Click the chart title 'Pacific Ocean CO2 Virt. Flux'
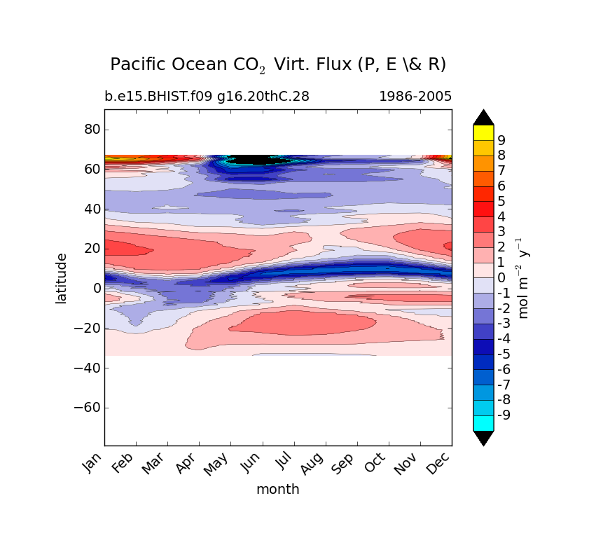(278, 64)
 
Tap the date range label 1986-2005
(415, 97)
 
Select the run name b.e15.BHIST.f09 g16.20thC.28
(207, 97)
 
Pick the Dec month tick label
(439, 462)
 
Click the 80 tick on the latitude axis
(92, 130)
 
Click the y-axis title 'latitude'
(62, 278)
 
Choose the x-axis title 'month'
(277, 489)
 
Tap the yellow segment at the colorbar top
(483, 132)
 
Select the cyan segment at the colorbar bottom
(483, 423)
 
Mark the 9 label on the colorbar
(501, 140)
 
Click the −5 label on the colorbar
(504, 354)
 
